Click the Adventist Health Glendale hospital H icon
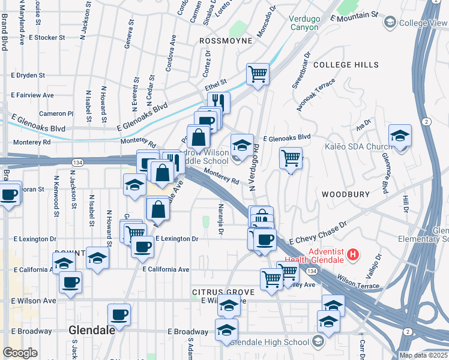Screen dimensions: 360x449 354,254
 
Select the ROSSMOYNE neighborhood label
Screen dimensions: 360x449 223,41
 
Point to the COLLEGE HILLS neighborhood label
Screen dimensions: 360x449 346,65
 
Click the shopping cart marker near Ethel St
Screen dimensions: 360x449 258,74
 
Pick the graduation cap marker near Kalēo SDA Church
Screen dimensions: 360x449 400,136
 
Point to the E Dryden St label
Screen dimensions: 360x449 28,76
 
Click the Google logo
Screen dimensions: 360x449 20,353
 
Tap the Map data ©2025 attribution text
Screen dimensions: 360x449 423,355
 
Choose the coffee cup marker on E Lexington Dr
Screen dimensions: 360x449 142,246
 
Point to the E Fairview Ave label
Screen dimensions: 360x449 32,95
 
